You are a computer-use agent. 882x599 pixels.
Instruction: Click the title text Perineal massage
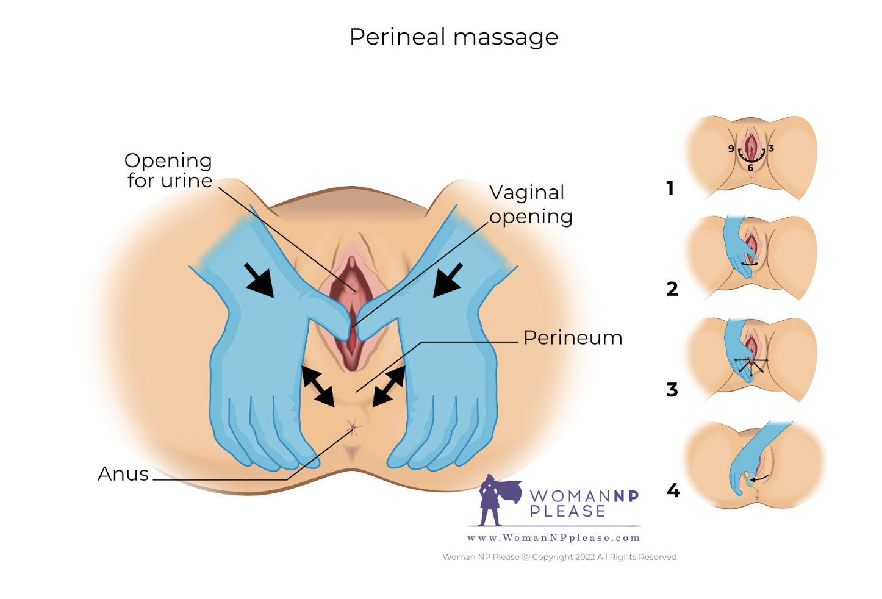pyautogui.click(x=453, y=37)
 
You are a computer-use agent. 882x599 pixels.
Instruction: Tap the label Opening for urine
pyautogui.click(x=168, y=170)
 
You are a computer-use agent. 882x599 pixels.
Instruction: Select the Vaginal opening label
pyautogui.click(x=531, y=204)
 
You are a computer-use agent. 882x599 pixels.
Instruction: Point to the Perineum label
pyautogui.click(x=573, y=338)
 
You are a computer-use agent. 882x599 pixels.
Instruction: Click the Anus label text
pyautogui.click(x=123, y=474)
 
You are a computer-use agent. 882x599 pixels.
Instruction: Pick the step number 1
pyautogui.click(x=670, y=188)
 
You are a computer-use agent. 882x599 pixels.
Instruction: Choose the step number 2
pyautogui.click(x=672, y=289)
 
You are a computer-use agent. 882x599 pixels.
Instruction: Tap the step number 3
pyautogui.click(x=672, y=389)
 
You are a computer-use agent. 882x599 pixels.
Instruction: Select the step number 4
pyautogui.click(x=673, y=490)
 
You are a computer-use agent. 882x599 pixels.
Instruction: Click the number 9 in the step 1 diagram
pyautogui.click(x=731, y=149)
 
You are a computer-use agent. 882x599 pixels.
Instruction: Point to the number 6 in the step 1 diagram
pyautogui.click(x=751, y=168)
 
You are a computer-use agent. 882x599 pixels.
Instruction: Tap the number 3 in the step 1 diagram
pyautogui.click(x=771, y=148)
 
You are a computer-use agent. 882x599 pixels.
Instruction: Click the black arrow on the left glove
pyautogui.click(x=259, y=280)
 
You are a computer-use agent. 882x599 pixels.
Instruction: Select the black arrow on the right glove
pyautogui.click(x=448, y=280)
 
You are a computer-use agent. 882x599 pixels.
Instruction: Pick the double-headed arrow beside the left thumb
pyautogui.click(x=318, y=386)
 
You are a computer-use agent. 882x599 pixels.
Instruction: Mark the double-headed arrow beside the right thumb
pyautogui.click(x=389, y=386)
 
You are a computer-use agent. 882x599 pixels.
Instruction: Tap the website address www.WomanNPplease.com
pyautogui.click(x=554, y=538)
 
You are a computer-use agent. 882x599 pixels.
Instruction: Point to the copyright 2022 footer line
pyautogui.click(x=561, y=557)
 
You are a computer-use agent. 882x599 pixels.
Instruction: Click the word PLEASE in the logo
pyautogui.click(x=567, y=511)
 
